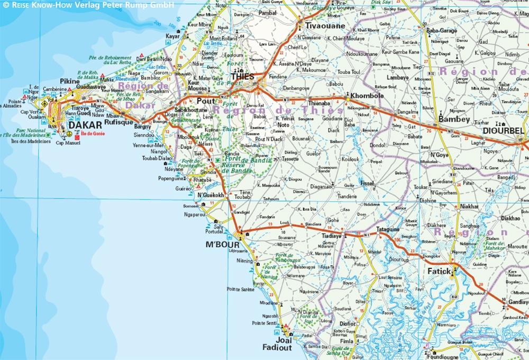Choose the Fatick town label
click(439, 272)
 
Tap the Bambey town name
click(454, 120)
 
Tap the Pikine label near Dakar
click(69, 81)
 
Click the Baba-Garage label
click(441, 31)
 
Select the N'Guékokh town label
click(211, 195)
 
